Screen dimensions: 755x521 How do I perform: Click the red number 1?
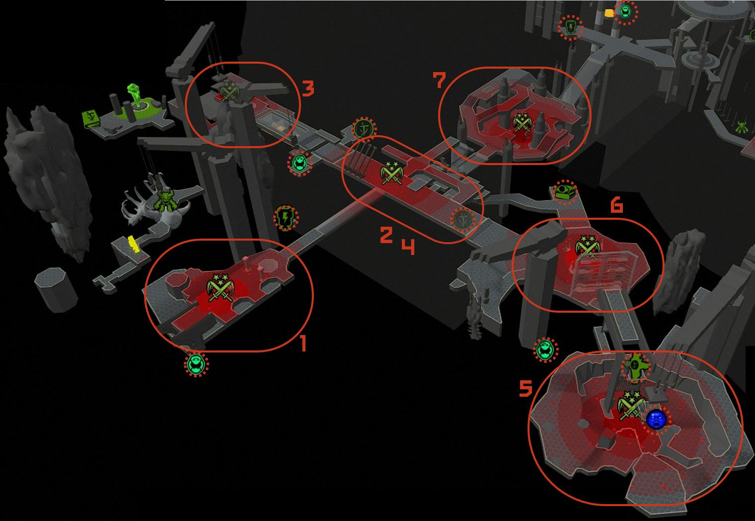303,343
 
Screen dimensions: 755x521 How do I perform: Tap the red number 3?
308,88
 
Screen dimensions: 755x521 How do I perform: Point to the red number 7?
439,80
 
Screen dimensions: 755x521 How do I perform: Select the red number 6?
617,205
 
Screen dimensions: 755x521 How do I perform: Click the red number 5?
526,388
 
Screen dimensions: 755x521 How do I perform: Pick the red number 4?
408,247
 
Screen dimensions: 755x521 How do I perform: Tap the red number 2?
386,235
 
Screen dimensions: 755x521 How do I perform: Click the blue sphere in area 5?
656,419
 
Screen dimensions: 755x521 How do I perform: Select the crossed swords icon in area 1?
221,287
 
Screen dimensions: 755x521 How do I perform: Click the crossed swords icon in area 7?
523,122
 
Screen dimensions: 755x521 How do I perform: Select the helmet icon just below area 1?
196,364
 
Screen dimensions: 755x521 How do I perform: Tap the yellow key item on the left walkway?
133,244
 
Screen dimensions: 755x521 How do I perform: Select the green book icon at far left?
91,119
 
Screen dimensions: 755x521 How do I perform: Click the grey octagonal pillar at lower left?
56,289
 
